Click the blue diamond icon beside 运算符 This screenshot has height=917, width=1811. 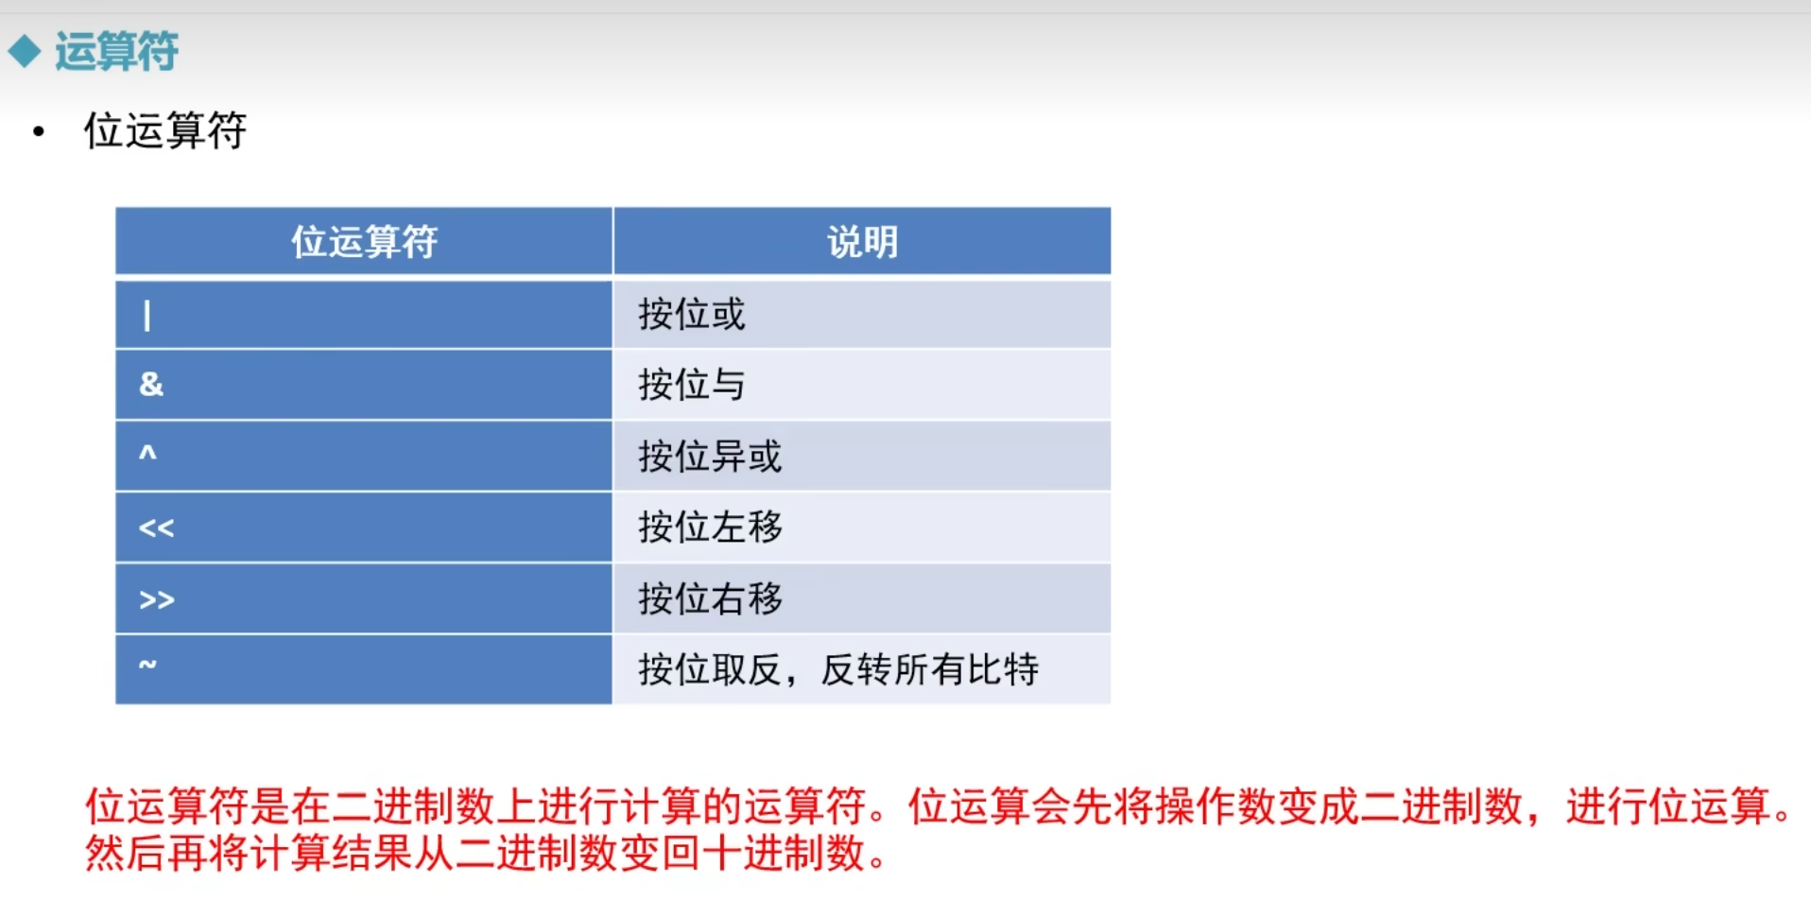25,51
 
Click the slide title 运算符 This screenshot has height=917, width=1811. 116,51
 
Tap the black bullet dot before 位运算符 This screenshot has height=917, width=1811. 38,131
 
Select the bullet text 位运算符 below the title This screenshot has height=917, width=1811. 165,130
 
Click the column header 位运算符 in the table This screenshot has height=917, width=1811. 364,242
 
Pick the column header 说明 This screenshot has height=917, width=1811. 862,242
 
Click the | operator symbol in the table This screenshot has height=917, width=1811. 147,315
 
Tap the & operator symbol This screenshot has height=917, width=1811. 151,384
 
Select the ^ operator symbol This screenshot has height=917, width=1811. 147,452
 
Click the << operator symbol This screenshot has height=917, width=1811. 157,528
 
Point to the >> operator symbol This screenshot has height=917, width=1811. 157,599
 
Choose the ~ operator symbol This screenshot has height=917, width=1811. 147,664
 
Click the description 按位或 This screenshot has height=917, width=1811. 692,314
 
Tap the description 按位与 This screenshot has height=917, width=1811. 692,385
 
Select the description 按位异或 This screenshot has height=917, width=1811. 710,456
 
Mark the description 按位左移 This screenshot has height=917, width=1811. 710,527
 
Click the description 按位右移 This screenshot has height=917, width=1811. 710,598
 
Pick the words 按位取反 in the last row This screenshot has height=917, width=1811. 710,669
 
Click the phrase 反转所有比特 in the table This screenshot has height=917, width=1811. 930,669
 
